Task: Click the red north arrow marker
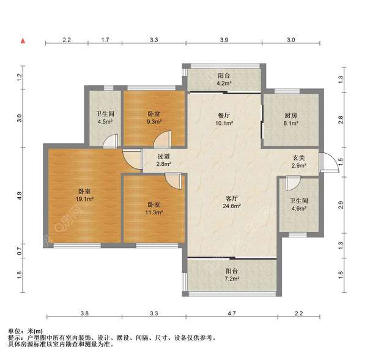23,41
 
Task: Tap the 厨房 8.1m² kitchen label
291,119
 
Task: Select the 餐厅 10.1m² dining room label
224,119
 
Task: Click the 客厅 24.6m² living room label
231,203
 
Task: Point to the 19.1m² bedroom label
84,195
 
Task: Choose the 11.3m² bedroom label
154,208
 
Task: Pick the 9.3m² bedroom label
154,118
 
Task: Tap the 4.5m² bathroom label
105,118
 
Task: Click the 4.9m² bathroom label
298,204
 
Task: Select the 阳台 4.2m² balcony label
224,79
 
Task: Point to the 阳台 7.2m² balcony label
231,275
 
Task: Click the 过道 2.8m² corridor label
163,160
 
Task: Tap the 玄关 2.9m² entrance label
299,162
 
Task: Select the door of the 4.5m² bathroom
111,141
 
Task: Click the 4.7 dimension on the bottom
232,313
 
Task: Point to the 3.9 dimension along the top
224,40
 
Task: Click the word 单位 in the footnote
14,331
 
